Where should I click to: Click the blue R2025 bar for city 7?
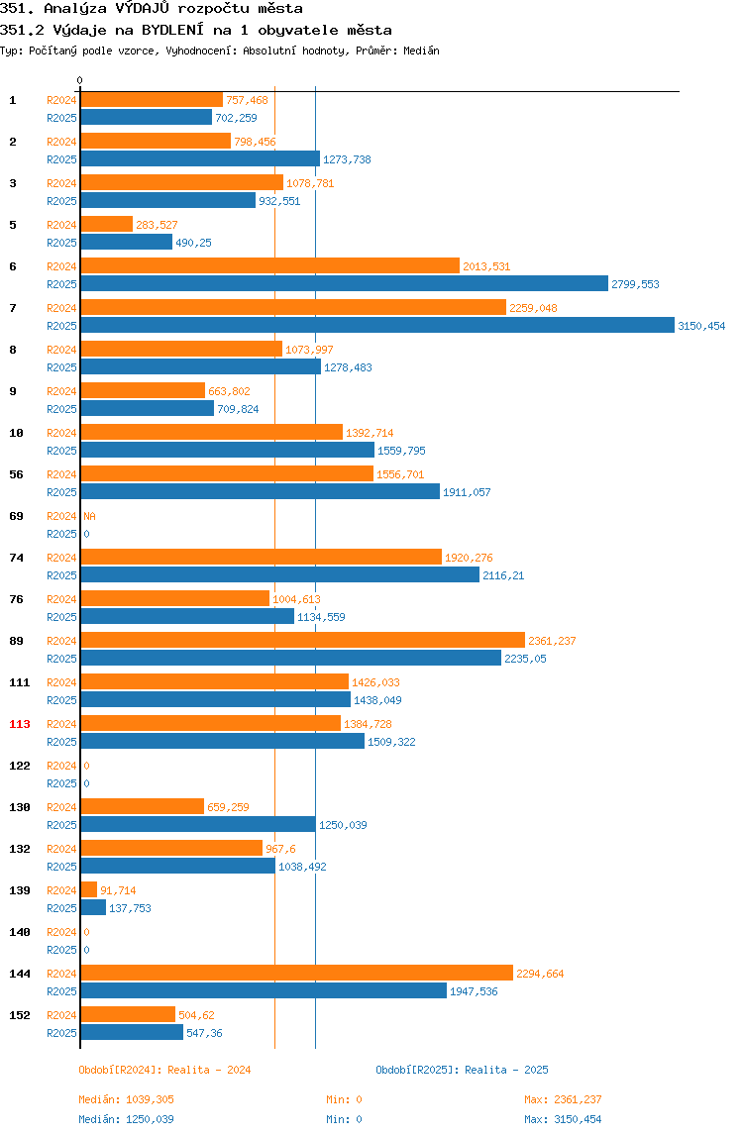coord(377,326)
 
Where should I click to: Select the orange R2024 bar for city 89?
coord(302,640)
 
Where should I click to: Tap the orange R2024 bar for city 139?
coord(88,889)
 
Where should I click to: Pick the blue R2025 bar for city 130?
coord(198,824)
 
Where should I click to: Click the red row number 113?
coord(20,724)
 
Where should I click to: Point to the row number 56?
coord(16,474)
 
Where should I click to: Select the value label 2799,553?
coord(636,284)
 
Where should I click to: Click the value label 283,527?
coord(157,225)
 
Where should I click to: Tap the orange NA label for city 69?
coord(89,516)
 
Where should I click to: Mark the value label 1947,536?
coord(474,991)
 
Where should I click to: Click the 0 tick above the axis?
coord(80,80)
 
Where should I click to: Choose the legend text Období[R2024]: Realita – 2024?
coord(164,1070)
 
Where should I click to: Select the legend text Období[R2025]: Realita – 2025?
coord(463,1070)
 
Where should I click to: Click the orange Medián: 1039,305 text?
coord(126,1099)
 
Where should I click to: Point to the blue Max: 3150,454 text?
coord(563,1119)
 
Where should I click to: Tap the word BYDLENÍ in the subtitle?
coord(172,30)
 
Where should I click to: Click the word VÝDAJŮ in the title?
coord(143,9)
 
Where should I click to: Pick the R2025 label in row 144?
coord(61,991)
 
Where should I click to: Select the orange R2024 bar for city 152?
coord(128,1014)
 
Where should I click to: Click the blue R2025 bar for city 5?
coord(126,243)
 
